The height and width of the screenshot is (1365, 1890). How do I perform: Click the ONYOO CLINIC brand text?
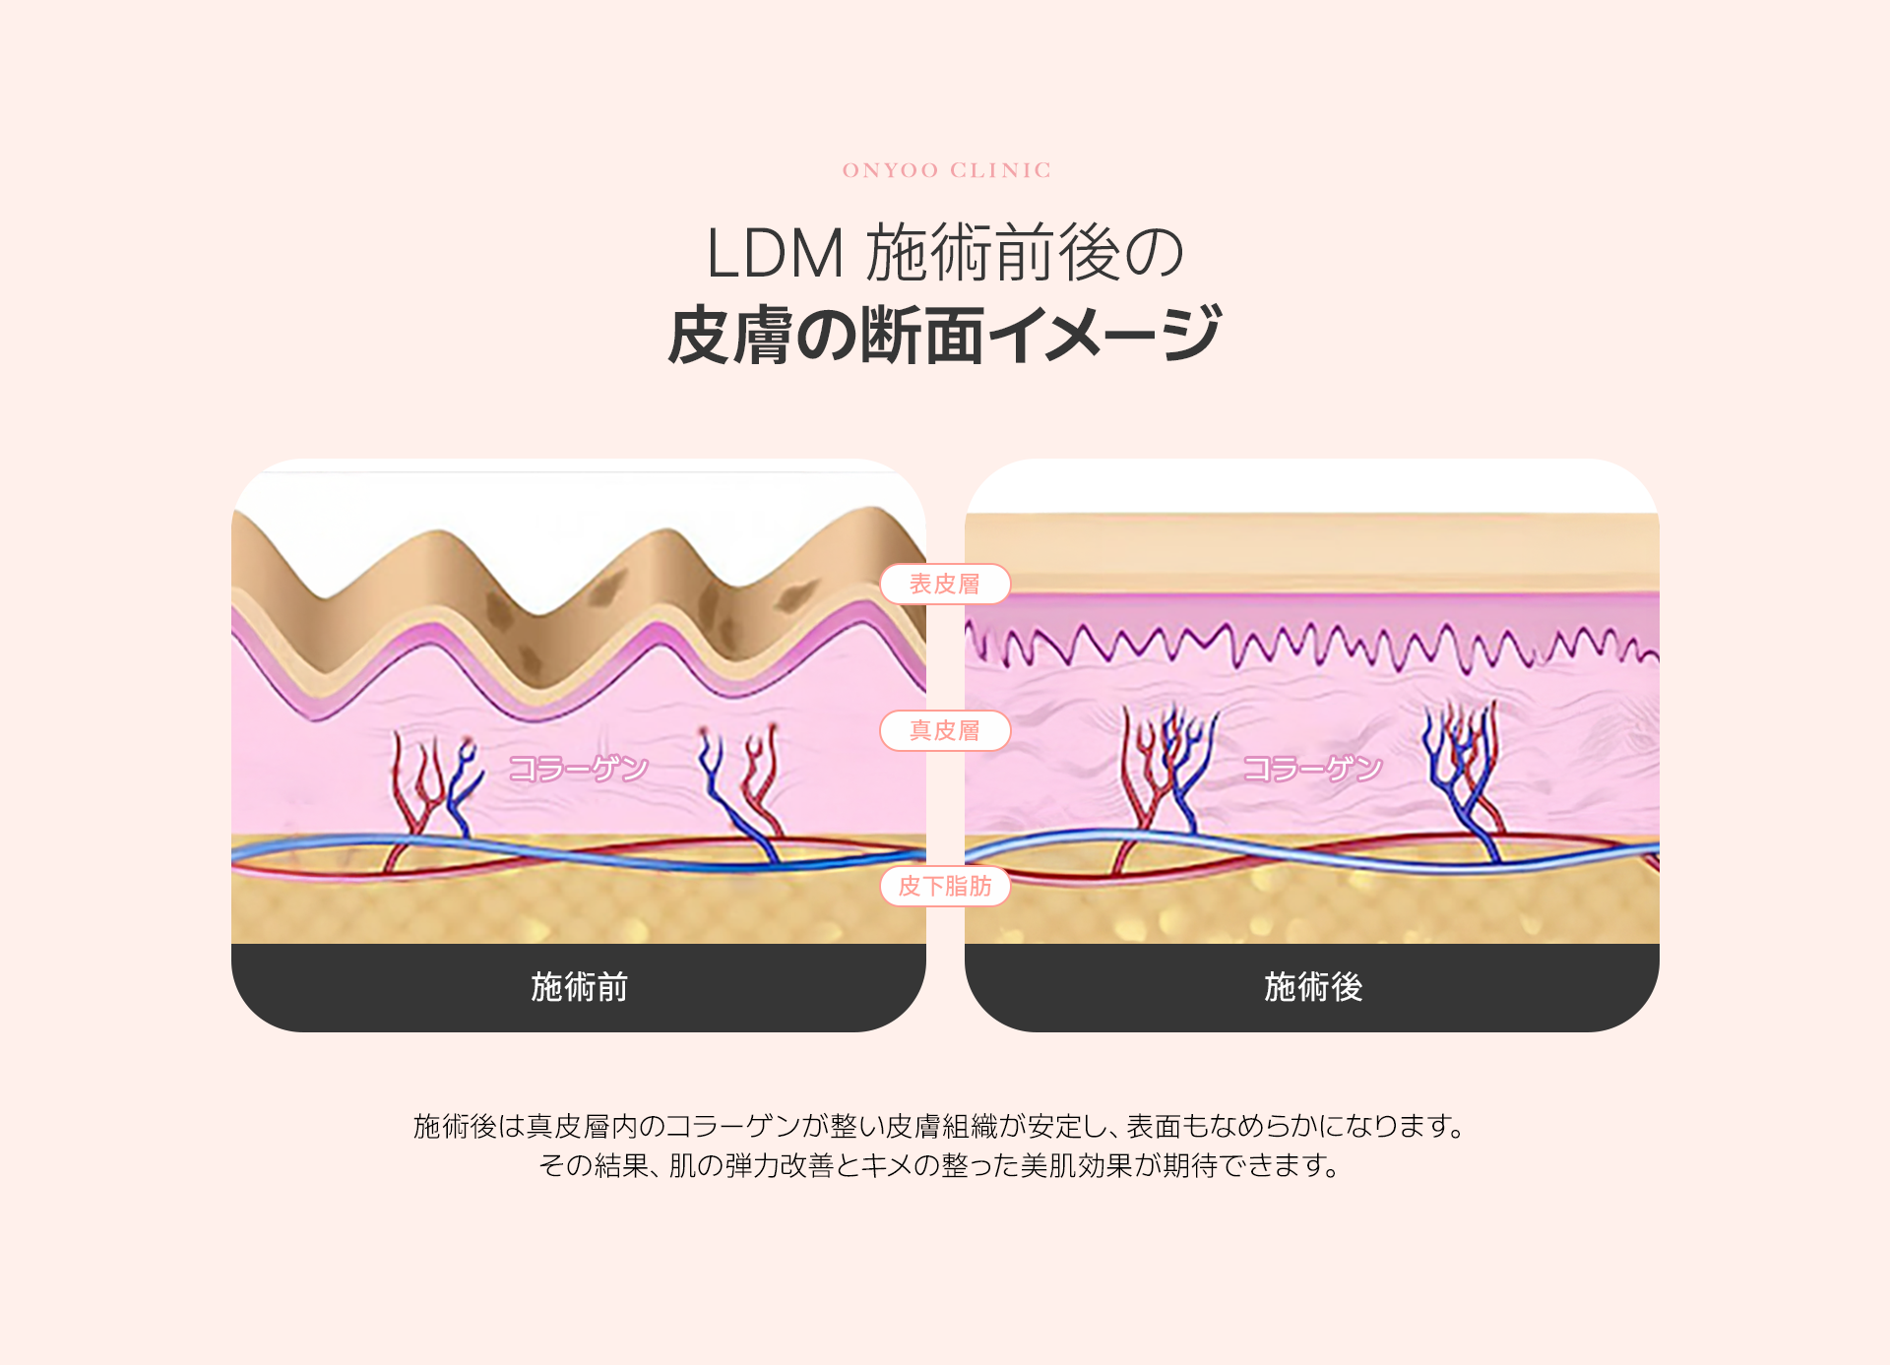pyautogui.click(x=946, y=170)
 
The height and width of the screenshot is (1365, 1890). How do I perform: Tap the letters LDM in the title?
pyautogui.click(x=775, y=254)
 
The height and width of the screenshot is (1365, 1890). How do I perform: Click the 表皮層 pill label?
pyautogui.click(x=945, y=584)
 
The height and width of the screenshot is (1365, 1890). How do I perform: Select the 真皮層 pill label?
pyautogui.click(x=945, y=730)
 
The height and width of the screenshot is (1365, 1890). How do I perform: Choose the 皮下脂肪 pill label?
pyautogui.click(x=945, y=886)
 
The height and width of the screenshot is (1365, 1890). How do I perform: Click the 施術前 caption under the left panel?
pyautogui.click(x=579, y=986)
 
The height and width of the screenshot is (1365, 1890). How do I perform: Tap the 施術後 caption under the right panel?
pyautogui.click(x=1312, y=986)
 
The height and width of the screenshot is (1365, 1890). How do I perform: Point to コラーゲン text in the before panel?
pyautogui.click(x=579, y=768)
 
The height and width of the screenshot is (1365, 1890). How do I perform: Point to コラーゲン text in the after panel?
pyautogui.click(x=1312, y=768)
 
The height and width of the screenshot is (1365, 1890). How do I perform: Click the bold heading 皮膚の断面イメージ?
pyautogui.click(x=945, y=336)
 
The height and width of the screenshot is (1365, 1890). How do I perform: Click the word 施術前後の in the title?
pyautogui.click(x=1025, y=254)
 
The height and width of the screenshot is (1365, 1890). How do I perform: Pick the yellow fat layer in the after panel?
pyautogui.click(x=1312, y=910)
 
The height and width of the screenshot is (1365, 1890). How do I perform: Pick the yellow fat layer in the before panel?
pyautogui.click(x=579, y=910)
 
